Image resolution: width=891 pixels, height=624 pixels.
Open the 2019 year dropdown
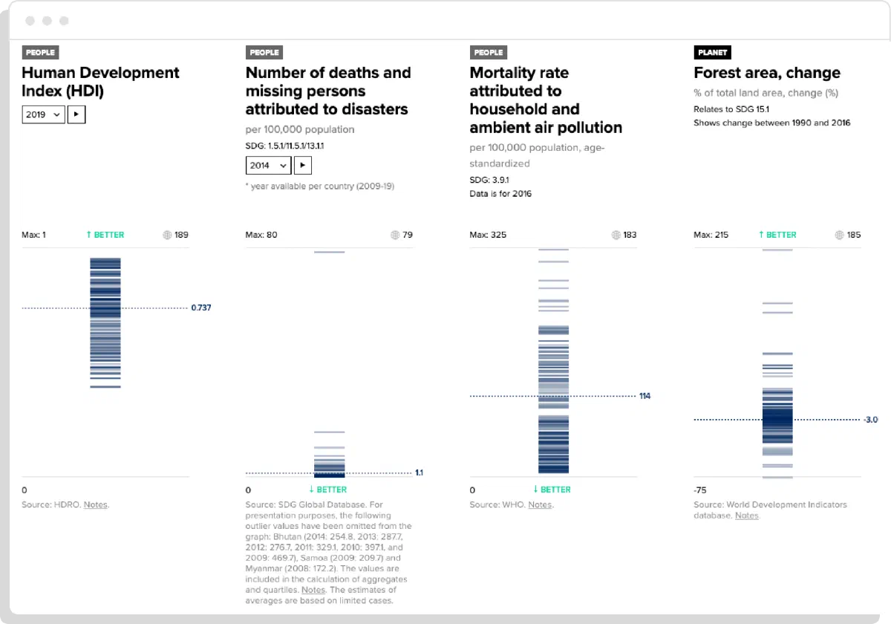coord(43,114)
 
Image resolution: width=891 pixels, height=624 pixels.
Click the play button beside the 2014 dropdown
coord(303,165)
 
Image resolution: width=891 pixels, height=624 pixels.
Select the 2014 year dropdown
coord(268,165)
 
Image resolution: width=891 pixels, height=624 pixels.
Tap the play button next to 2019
coord(76,114)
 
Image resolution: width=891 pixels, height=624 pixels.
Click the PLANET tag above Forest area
coord(712,52)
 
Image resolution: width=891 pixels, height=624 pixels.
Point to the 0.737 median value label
coord(201,308)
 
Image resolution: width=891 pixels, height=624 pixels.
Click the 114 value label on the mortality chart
coord(644,396)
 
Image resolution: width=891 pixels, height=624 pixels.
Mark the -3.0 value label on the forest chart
coord(871,420)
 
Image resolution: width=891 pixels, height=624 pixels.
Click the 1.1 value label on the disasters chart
coord(420,472)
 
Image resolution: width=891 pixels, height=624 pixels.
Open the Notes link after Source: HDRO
coord(96,504)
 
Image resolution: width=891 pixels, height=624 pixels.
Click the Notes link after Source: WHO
coord(540,504)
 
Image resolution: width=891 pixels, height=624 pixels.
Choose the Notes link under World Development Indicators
coord(747,516)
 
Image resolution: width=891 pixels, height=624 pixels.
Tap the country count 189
coord(181,235)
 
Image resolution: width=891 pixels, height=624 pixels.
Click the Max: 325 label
coord(488,235)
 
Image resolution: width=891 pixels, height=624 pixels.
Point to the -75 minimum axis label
coord(699,490)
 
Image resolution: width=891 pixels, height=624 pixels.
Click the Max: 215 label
coord(711,235)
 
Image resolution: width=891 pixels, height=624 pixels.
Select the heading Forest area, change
coord(767,73)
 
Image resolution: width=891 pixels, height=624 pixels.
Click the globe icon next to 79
coord(395,235)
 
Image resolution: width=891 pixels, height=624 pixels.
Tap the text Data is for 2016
coord(500,194)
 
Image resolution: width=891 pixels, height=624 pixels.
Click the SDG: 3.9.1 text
coord(489,180)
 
